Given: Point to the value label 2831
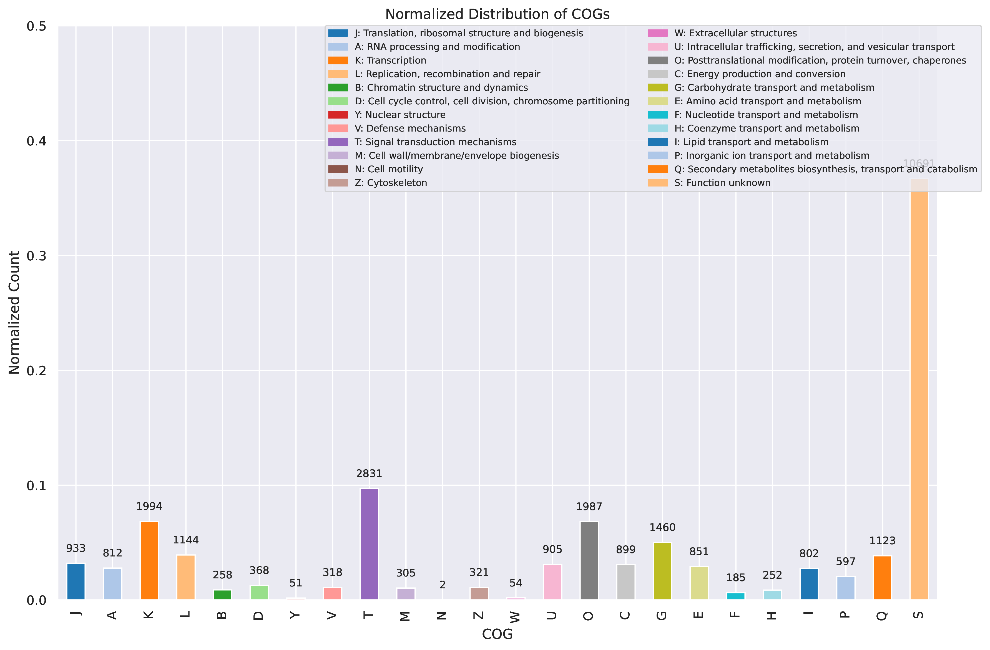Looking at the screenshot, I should click(x=369, y=474).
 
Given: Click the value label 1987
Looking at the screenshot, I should click(x=589, y=507).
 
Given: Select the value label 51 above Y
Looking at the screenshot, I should click(x=296, y=583).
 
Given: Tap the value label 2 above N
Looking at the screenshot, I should click(x=443, y=585).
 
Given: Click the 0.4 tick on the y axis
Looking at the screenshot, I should click(x=37, y=141).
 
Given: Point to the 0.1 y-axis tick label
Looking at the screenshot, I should click(x=37, y=486).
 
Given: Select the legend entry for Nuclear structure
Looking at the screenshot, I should click(x=400, y=115).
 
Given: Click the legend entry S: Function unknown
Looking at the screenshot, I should click(x=722, y=183).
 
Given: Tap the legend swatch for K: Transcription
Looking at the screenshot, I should click(x=338, y=60).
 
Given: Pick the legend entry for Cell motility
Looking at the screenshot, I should click(x=388, y=169).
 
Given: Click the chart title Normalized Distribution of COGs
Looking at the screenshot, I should click(x=497, y=14).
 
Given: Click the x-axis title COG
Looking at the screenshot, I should click(x=497, y=634).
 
